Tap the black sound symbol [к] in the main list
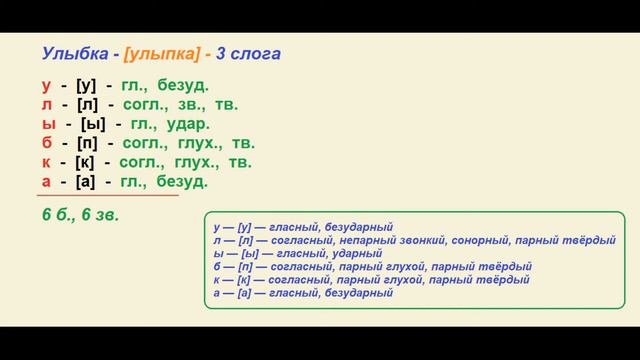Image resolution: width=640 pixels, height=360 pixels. [85, 161]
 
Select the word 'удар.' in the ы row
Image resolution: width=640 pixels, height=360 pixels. [186, 123]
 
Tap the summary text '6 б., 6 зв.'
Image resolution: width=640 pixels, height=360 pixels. [81, 215]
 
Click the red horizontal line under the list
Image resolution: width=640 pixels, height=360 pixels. [110, 195]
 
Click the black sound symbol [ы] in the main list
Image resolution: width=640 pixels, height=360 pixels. [87, 123]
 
